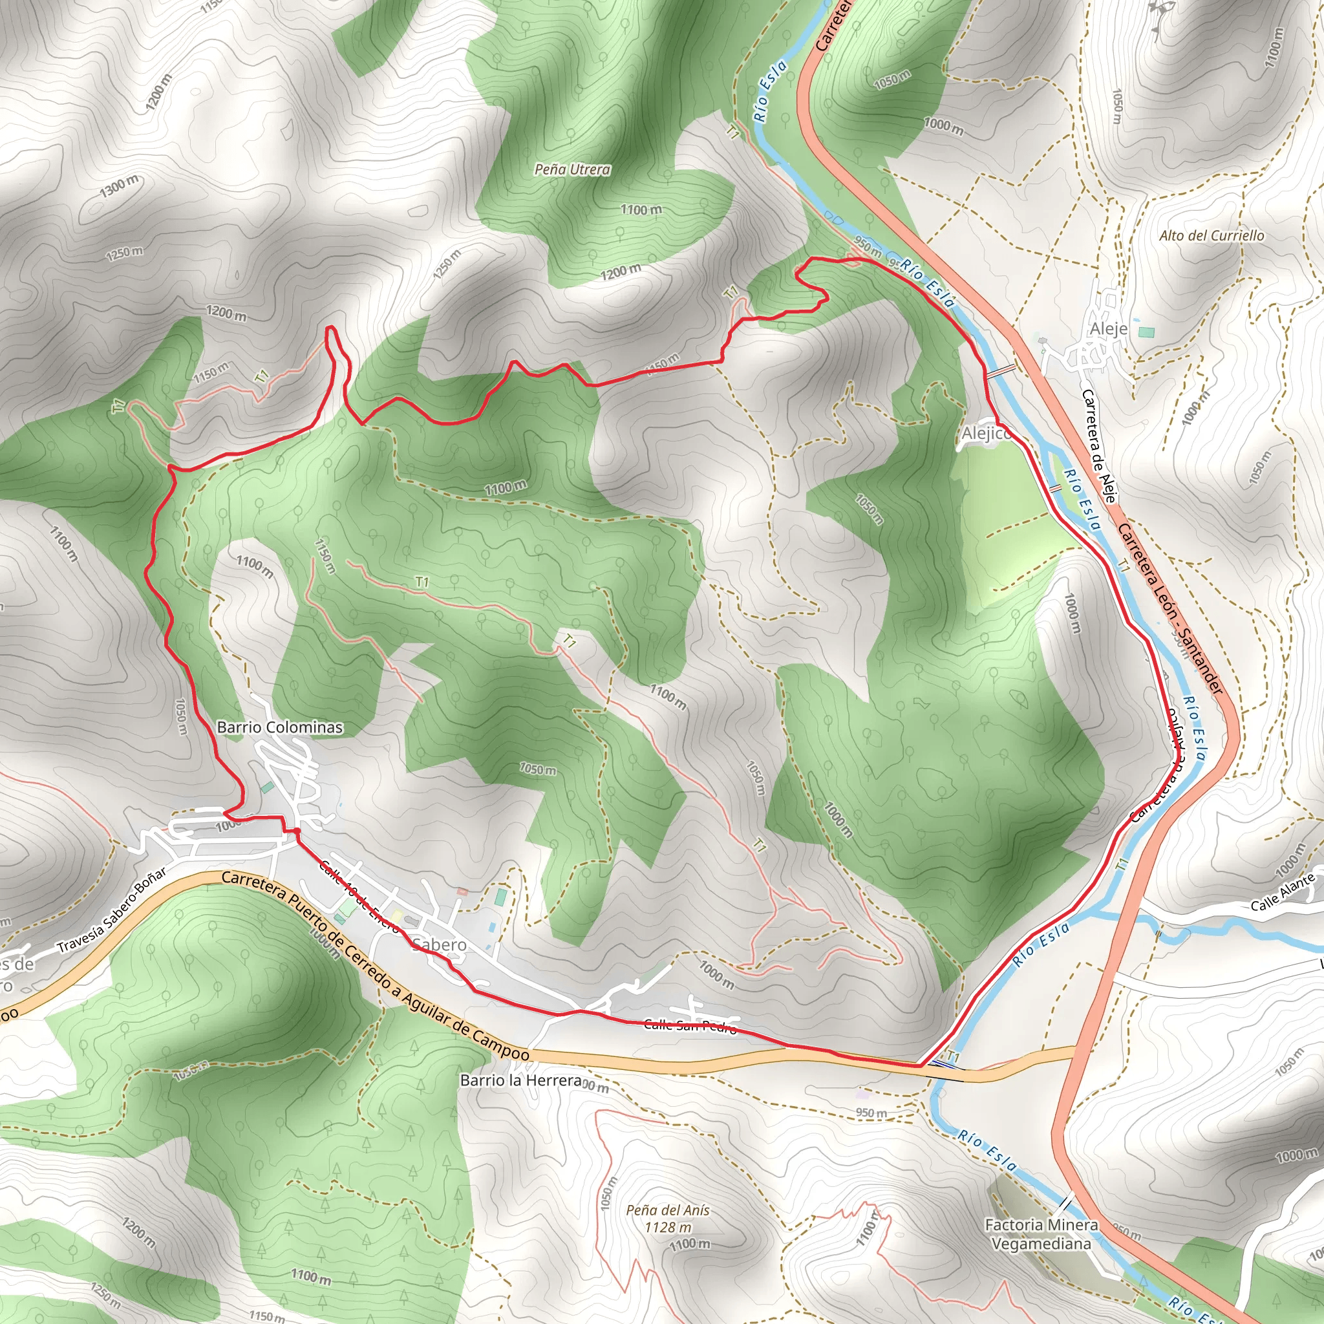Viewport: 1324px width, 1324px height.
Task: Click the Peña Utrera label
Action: (x=572, y=169)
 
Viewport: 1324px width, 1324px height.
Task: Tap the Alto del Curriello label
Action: (x=1212, y=236)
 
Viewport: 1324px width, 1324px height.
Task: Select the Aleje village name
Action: (x=1108, y=329)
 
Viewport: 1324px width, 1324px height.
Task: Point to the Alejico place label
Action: (x=985, y=433)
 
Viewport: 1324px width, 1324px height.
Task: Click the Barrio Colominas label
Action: (x=279, y=727)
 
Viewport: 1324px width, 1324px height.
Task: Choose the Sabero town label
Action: (x=440, y=945)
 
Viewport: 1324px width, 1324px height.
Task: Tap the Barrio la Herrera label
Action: (x=521, y=1081)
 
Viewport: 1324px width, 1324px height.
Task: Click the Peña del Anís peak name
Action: (x=667, y=1211)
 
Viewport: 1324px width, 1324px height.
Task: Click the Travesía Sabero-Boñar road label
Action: (x=112, y=912)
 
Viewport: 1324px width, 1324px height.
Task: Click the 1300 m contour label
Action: (x=119, y=186)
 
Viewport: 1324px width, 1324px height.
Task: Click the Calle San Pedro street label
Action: (x=690, y=1026)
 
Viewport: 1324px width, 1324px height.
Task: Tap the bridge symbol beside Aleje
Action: (x=1001, y=370)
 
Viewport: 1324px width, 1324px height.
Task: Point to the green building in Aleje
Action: (x=1146, y=332)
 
